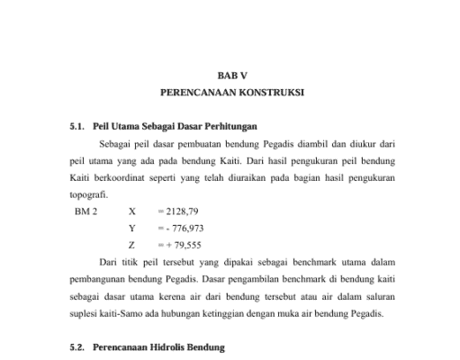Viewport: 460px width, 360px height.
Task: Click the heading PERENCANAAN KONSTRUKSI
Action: pos(231,93)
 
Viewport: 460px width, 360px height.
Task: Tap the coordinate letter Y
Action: pos(132,228)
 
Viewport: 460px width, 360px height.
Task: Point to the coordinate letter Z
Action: pos(132,244)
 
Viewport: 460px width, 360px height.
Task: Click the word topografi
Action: pos(88,193)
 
